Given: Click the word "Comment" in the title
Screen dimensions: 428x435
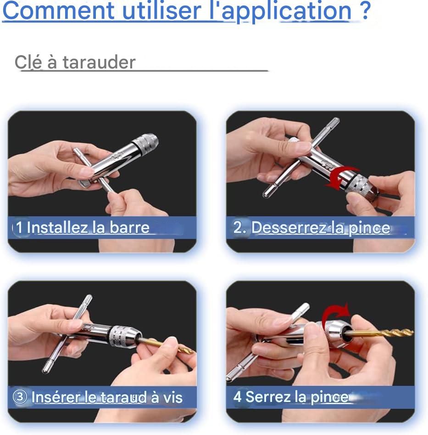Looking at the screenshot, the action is point(58,11).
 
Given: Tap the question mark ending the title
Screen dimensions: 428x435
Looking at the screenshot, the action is point(366,10).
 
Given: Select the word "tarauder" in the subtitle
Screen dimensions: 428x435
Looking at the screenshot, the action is point(99,62).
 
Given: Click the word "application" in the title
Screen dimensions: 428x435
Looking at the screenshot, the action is point(286,11).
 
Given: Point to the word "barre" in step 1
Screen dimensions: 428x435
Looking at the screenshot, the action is point(129,227).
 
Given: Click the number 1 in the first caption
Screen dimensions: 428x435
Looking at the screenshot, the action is point(19,227).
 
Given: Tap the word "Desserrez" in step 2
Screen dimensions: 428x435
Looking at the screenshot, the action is point(289,228).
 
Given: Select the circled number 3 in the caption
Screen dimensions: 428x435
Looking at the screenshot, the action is point(20,397).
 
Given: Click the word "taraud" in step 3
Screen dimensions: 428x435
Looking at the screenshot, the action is point(123,397).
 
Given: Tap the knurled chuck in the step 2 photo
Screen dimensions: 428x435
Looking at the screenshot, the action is point(359,184).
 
